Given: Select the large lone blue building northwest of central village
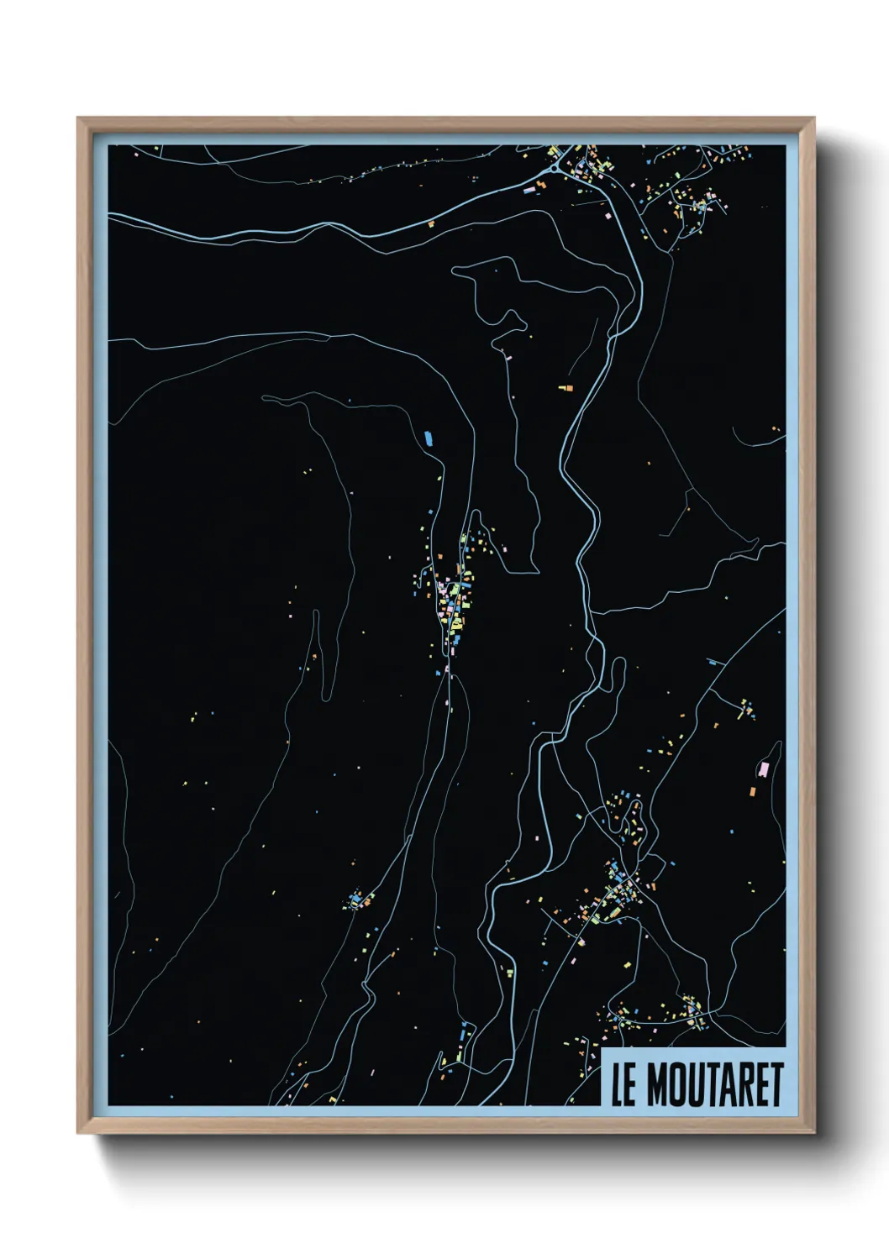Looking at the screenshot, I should (x=428, y=438).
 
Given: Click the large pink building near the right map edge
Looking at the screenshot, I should (x=764, y=768).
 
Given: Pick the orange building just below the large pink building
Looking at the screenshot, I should (x=753, y=790).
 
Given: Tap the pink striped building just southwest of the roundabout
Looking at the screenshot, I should (x=529, y=191).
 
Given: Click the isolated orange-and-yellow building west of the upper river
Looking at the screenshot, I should (x=565, y=388).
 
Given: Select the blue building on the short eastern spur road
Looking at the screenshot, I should (x=715, y=663).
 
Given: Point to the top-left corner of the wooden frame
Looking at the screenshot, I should (x=78, y=118).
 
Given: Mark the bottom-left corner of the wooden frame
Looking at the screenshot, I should (x=78, y=1133).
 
